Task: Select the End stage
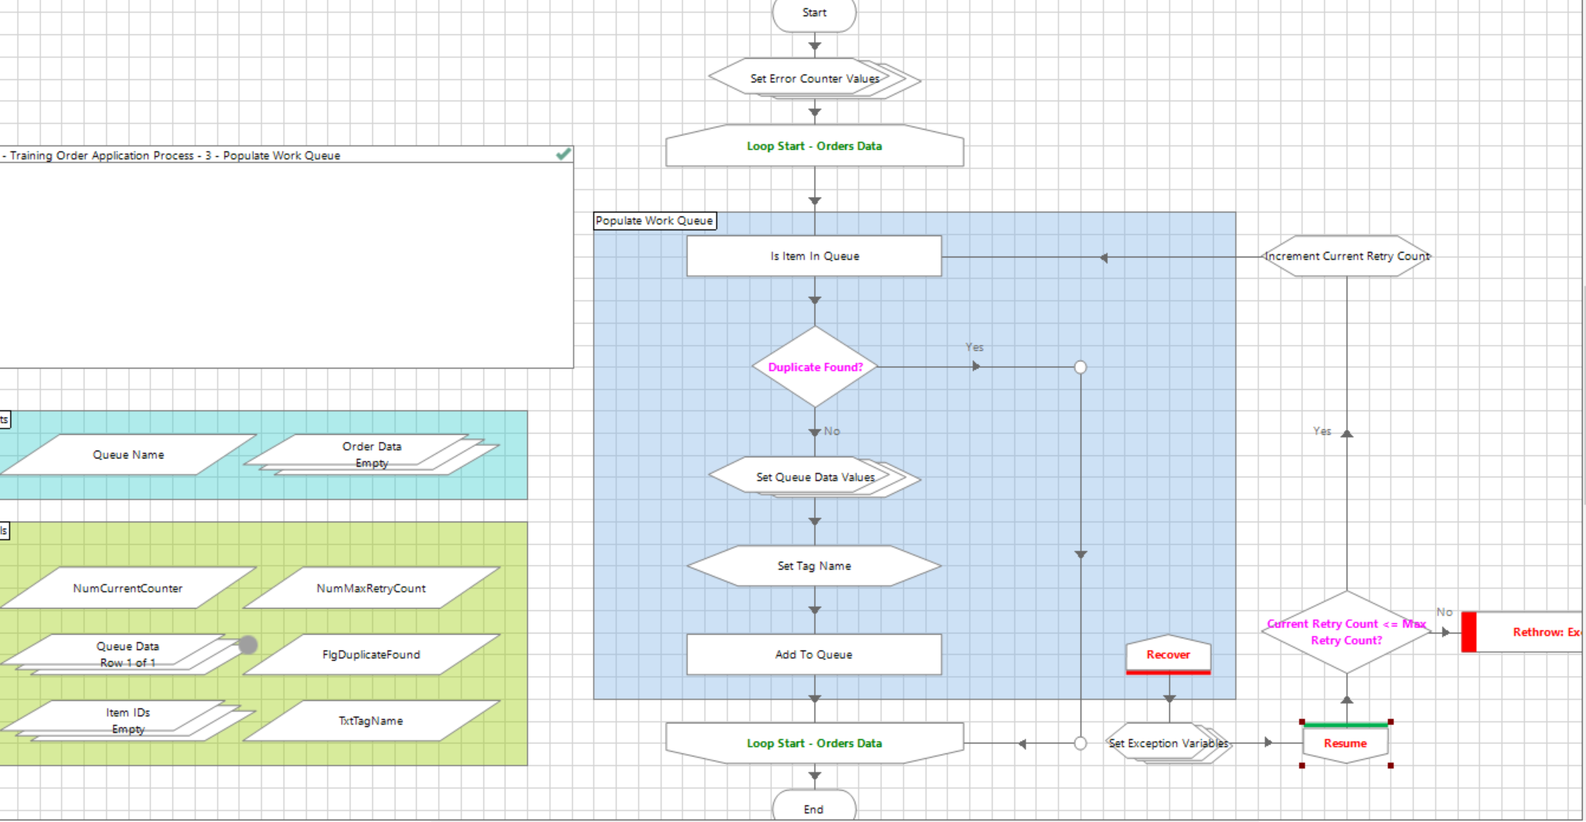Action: (813, 808)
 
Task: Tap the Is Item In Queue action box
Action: (814, 256)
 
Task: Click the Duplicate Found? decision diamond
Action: (815, 367)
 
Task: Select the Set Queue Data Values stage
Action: (814, 477)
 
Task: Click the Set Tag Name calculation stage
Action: (814, 566)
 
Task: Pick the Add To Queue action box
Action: (814, 655)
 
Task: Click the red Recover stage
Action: (1168, 655)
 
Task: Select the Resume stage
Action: (1345, 743)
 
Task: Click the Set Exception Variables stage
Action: (1168, 743)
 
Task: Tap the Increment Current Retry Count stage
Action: (1347, 256)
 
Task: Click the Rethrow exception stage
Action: (1527, 632)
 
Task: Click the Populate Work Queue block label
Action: (654, 220)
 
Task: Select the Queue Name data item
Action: (128, 455)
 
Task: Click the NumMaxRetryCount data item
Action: (371, 588)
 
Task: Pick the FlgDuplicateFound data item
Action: (371, 655)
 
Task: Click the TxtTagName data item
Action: (371, 721)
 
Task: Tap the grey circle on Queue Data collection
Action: (247, 645)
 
